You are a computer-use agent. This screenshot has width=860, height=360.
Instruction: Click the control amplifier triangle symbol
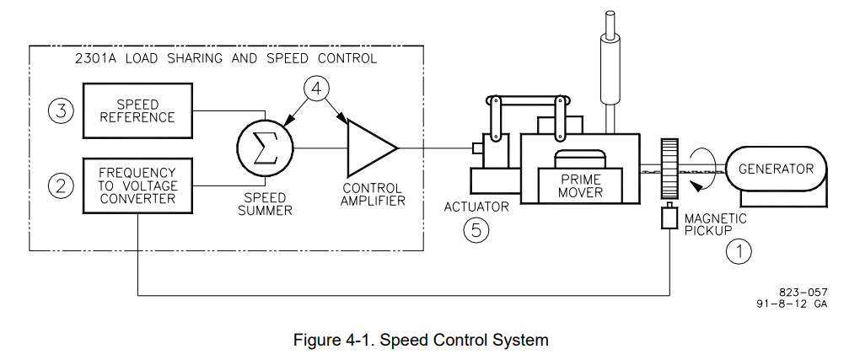369,149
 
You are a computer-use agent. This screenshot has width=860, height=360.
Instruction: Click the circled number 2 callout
60,185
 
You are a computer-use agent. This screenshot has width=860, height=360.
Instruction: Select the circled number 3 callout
60,111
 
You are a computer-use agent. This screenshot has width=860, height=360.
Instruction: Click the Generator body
776,169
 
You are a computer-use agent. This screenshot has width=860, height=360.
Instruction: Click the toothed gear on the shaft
670,169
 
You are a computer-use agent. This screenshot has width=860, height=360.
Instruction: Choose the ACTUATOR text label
476,207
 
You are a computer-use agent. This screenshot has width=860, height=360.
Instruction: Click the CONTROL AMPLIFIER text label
372,194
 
